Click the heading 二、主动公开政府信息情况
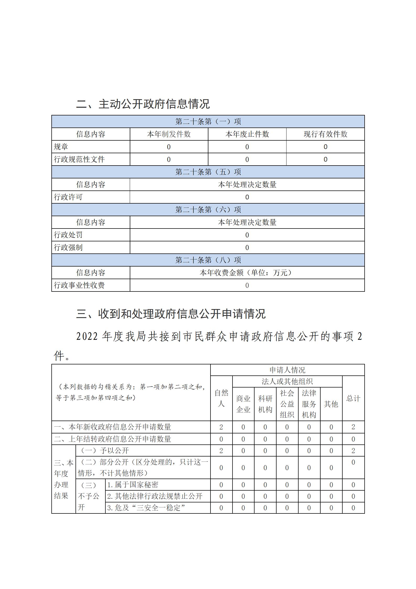pos(143,104)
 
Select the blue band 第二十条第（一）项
pos(208,121)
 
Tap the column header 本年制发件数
pos(169,134)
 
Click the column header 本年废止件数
pos(247,134)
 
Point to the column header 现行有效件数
pos(325,134)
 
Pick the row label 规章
pos(61,147)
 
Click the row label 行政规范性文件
pos(79,159)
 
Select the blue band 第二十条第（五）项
pos(208,172)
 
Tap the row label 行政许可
pos(68,197)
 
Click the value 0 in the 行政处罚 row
pos(247,235)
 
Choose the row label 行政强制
pos(68,247)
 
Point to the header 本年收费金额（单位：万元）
pos(247,273)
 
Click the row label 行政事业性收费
pos(79,285)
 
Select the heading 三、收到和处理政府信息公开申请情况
pos(171,314)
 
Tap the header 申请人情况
pos(287,370)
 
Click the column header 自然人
pos(221,398)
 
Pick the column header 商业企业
pos(243,404)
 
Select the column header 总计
pos(353,398)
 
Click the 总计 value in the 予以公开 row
pos(353,451)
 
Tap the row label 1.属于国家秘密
pos(133,485)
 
